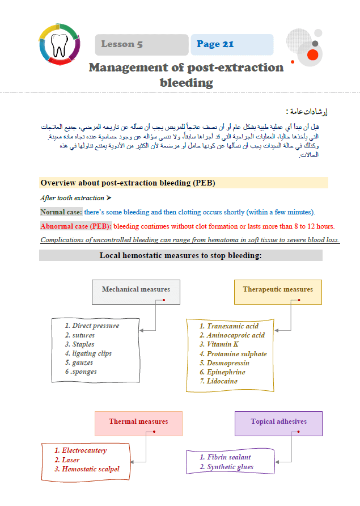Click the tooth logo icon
tap(60, 44)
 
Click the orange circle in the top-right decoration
tap(312, 54)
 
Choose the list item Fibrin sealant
tap(228, 457)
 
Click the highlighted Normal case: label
tap(61, 212)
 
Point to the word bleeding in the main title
tap(187, 83)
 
